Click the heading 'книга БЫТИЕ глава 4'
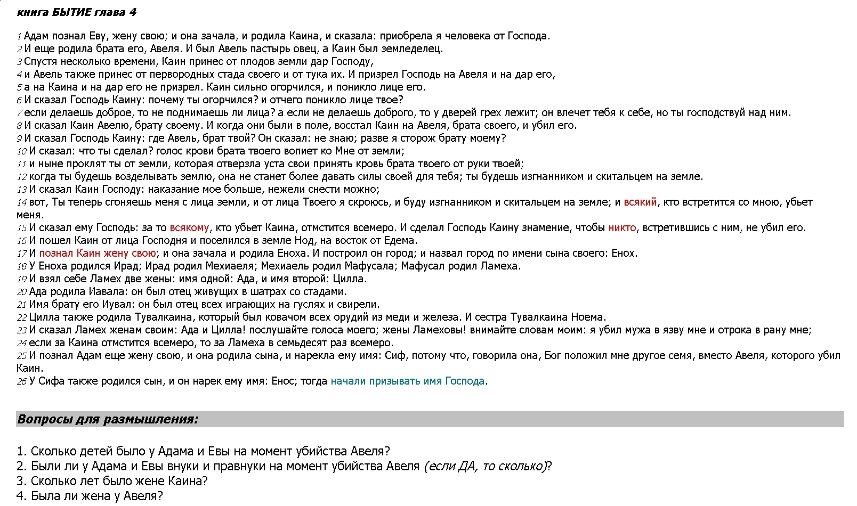pos(76,12)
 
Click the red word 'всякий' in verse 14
pos(640,202)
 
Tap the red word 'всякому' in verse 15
pos(189,228)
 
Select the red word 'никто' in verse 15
pos(622,228)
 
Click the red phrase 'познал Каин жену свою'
pos(98,254)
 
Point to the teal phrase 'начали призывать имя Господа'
pos(408,381)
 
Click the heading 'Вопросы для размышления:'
pos(108,419)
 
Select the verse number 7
pos(19,113)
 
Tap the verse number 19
pos(21,280)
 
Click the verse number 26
pos(21,382)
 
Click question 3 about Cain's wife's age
pos(112,481)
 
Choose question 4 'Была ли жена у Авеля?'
pos(90,496)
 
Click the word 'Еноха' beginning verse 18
pos(52,266)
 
